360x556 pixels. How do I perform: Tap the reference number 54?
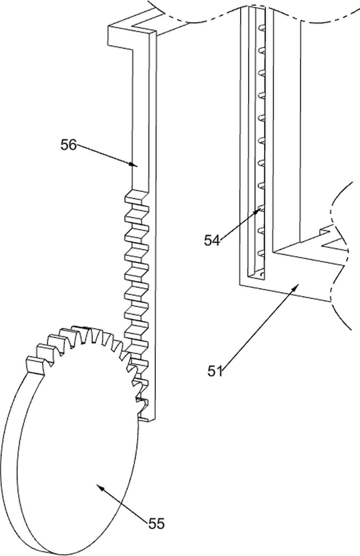[x=212, y=240]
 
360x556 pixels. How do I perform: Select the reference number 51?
[x=215, y=371]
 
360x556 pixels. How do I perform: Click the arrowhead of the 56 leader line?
[x=134, y=164]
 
